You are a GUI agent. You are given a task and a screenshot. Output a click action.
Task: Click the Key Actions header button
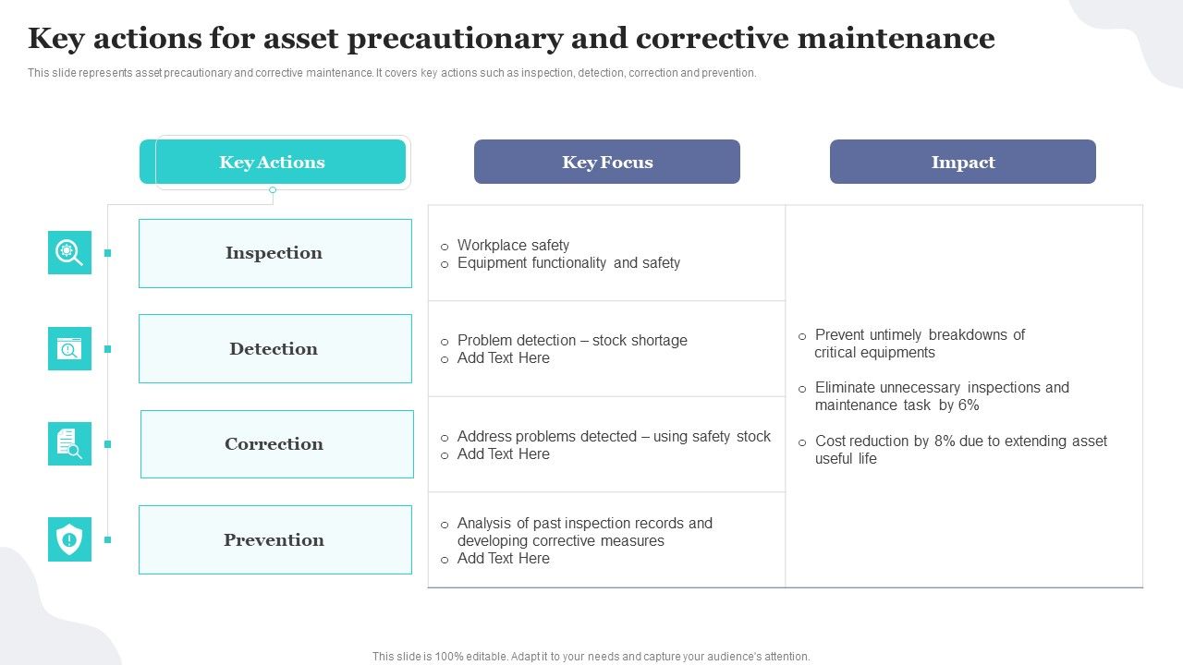pos(273,163)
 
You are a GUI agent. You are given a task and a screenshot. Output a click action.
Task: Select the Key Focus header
pos(607,163)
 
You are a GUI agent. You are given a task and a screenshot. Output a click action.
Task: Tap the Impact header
pos(962,163)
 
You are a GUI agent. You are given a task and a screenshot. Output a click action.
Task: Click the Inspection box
pos(274,253)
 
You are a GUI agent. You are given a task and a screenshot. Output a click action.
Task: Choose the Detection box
pos(274,348)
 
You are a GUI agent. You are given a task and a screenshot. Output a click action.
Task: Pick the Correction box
pos(275,444)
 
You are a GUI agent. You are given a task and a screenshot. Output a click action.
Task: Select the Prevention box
pos(274,540)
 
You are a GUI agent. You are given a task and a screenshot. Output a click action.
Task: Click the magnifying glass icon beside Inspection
pos(69,252)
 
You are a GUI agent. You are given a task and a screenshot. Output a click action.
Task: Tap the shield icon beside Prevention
pos(69,539)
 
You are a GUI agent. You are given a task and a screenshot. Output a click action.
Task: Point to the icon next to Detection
pos(69,348)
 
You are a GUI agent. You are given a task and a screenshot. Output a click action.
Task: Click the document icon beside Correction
pos(69,444)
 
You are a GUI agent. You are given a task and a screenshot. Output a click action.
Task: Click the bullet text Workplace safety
pos(513,246)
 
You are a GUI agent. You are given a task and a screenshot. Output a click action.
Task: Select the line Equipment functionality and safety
pos(568,263)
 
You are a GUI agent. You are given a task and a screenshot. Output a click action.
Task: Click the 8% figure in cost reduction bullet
pos(944,441)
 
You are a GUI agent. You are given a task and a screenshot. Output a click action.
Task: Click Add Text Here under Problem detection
pos(503,358)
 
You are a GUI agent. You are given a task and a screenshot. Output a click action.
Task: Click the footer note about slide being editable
pos(591,657)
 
